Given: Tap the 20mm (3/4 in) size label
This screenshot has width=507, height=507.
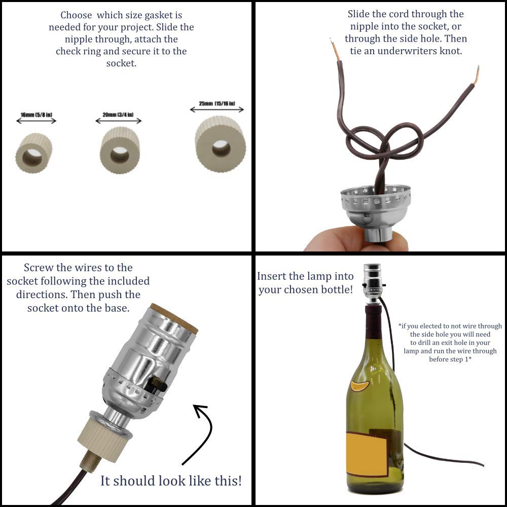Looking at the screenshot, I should pos(118,115).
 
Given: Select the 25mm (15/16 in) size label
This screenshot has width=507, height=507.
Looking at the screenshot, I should pos(217,104).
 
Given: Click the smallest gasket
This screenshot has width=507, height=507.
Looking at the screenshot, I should pos(34,153).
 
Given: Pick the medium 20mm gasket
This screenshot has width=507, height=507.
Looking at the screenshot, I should pos(120,151).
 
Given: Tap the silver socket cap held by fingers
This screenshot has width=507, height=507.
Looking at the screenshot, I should pos(375,208).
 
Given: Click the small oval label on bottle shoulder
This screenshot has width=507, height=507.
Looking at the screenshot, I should pos(359,386).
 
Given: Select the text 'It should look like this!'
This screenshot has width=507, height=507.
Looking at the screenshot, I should pos(171,480).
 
